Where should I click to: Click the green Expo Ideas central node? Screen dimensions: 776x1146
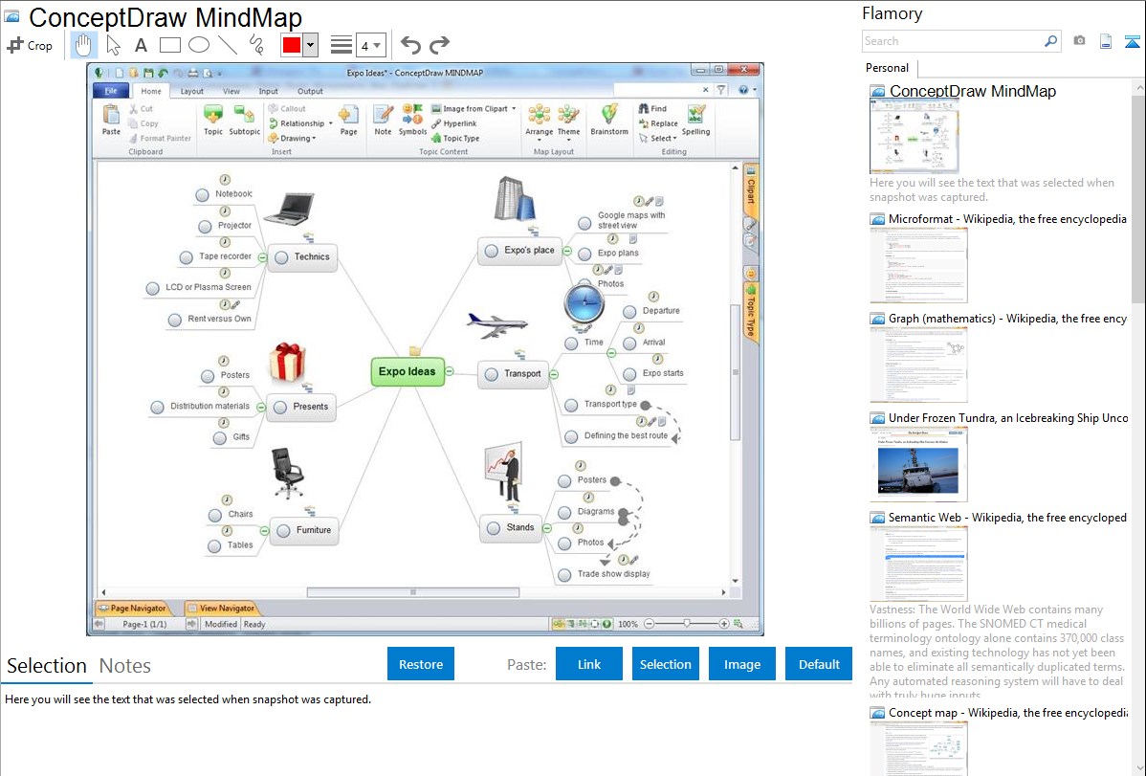[x=408, y=372]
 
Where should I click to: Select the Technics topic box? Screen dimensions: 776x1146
[x=303, y=256]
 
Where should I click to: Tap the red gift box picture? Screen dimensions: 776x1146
[x=286, y=363]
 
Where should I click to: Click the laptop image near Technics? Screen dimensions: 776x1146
[x=288, y=208]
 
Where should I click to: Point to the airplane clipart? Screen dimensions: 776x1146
[x=496, y=324]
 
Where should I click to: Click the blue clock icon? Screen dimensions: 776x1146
[x=584, y=303]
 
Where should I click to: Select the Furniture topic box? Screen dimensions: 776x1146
[x=304, y=530]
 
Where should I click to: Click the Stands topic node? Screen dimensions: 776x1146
[x=511, y=527]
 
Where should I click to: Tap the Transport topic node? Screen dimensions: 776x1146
[x=514, y=374]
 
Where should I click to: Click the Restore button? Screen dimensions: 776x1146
[x=421, y=664]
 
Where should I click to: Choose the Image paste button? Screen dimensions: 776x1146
[x=742, y=664]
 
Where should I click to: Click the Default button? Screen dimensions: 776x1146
[x=819, y=664]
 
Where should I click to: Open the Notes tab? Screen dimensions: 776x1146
[x=125, y=666]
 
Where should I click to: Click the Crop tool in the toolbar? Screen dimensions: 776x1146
[x=30, y=45]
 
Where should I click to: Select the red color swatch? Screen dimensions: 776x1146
[x=291, y=45]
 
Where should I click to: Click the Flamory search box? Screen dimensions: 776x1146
[x=952, y=41]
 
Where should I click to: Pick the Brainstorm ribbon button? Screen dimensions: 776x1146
[x=608, y=120]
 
